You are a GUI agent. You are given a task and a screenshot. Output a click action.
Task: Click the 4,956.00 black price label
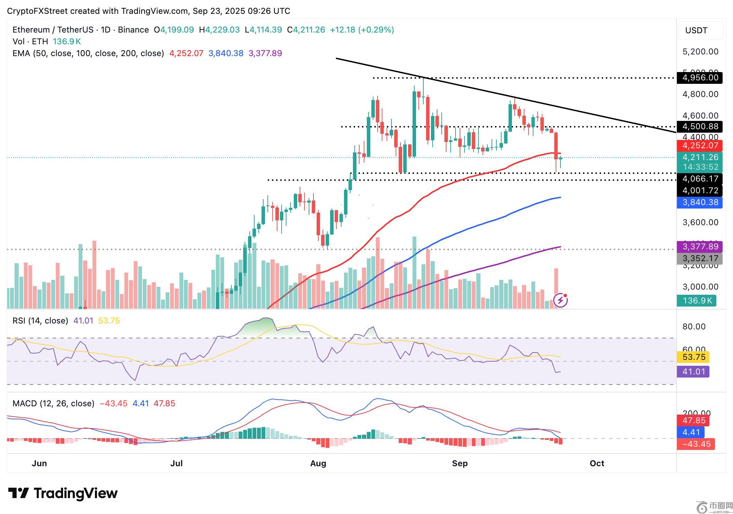pos(700,78)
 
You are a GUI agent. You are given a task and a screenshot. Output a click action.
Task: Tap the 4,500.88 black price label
pos(700,126)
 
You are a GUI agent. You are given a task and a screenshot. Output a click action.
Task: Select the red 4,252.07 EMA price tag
pos(700,145)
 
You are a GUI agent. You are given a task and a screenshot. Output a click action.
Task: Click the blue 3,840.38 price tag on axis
pos(700,202)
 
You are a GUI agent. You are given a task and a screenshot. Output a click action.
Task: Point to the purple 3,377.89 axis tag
pos(700,247)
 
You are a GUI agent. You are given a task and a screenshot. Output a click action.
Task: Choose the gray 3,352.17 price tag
pos(700,258)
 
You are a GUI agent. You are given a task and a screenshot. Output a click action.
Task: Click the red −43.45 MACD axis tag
pos(696,444)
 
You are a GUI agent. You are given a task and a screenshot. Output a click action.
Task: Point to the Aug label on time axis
pos(318,463)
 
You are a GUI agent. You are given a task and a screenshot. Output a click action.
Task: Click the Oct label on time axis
pos(597,463)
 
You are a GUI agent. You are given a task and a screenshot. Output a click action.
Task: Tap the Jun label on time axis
pos(39,463)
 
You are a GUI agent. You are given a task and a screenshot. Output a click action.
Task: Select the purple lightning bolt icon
pos(560,300)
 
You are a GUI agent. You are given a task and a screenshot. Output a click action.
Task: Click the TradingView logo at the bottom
pos(63,493)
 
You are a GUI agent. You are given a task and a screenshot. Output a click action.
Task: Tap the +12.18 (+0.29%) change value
pos(362,30)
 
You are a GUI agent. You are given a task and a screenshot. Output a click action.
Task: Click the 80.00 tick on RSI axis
pos(694,327)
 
